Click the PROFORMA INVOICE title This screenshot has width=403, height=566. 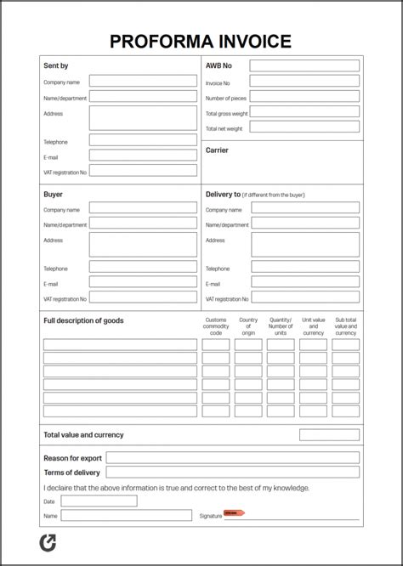(201, 41)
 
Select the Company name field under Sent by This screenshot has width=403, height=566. (143, 82)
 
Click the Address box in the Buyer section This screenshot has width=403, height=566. (143, 245)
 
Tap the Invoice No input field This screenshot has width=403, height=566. (304, 82)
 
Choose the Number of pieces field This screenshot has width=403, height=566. (304, 97)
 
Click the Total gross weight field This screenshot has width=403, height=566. (304, 112)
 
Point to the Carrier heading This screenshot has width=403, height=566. (218, 150)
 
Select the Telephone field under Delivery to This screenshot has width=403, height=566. (304, 267)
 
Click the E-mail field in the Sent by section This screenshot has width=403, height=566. (143, 156)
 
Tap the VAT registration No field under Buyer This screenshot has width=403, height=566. (143, 298)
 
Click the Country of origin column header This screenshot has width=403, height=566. (248, 326)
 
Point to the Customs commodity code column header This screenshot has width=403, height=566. (216, 326)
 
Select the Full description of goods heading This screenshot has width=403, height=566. (83, 320)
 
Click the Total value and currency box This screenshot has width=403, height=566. (329, 434)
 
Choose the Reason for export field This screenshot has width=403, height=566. (232, 457)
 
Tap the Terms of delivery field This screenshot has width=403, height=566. (232, 472)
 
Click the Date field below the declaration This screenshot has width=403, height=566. (99, 501)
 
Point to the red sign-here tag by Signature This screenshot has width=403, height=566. (233, 512)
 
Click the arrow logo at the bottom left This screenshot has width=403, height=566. (48, 543)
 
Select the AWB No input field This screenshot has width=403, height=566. (304, 65)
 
